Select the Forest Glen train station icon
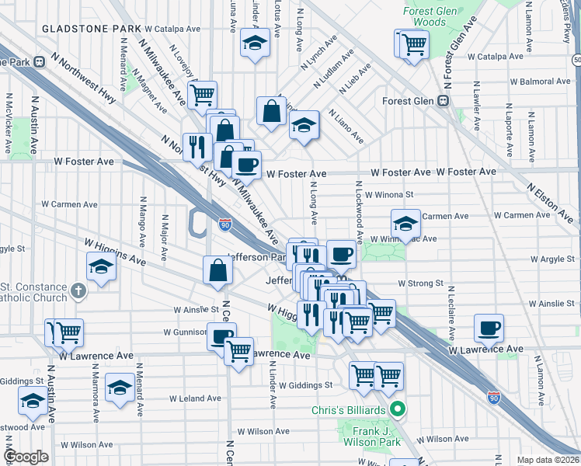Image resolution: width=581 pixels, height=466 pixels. (x=444, y=101)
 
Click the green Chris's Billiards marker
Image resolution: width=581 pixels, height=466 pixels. (x=398, y=408)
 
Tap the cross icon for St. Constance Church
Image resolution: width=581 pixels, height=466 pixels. (x=77, y=290)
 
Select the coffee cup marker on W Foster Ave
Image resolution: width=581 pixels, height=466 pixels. (x=247, y=164)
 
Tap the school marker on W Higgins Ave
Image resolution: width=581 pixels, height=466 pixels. (x=101, y=266)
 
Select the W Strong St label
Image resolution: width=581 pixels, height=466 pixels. (x=419, y=284)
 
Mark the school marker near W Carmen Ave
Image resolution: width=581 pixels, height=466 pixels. (x=405, y=224)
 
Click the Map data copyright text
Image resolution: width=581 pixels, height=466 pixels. (x=548, y=460)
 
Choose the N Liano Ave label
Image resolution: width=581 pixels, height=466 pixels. (x=346, y=126)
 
